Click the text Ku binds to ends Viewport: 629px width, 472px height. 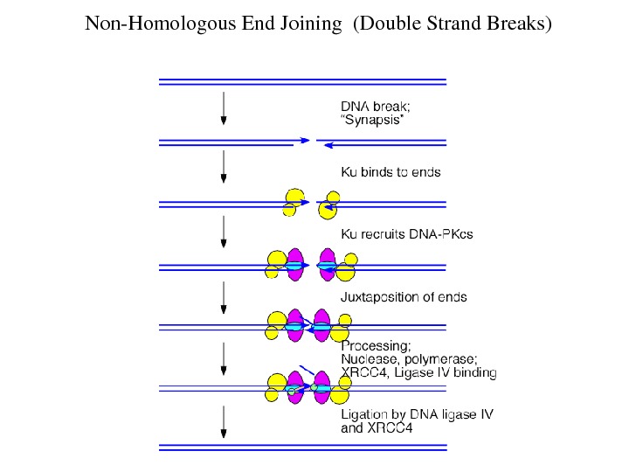(x=391, y=172)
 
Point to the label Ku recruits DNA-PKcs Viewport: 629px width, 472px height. (x=406, y=234)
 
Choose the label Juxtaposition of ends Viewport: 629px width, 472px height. (x=403, y=297)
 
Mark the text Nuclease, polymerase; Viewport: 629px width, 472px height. (x=408, y=359)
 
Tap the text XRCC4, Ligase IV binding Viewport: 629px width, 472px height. (x=418, y=373)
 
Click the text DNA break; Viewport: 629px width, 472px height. (x=375, y=107)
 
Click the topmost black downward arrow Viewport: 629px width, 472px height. (x=224, y=107)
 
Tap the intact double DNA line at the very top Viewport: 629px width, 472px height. (x=302, y=82)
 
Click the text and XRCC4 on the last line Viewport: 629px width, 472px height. (x=376, y=428)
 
